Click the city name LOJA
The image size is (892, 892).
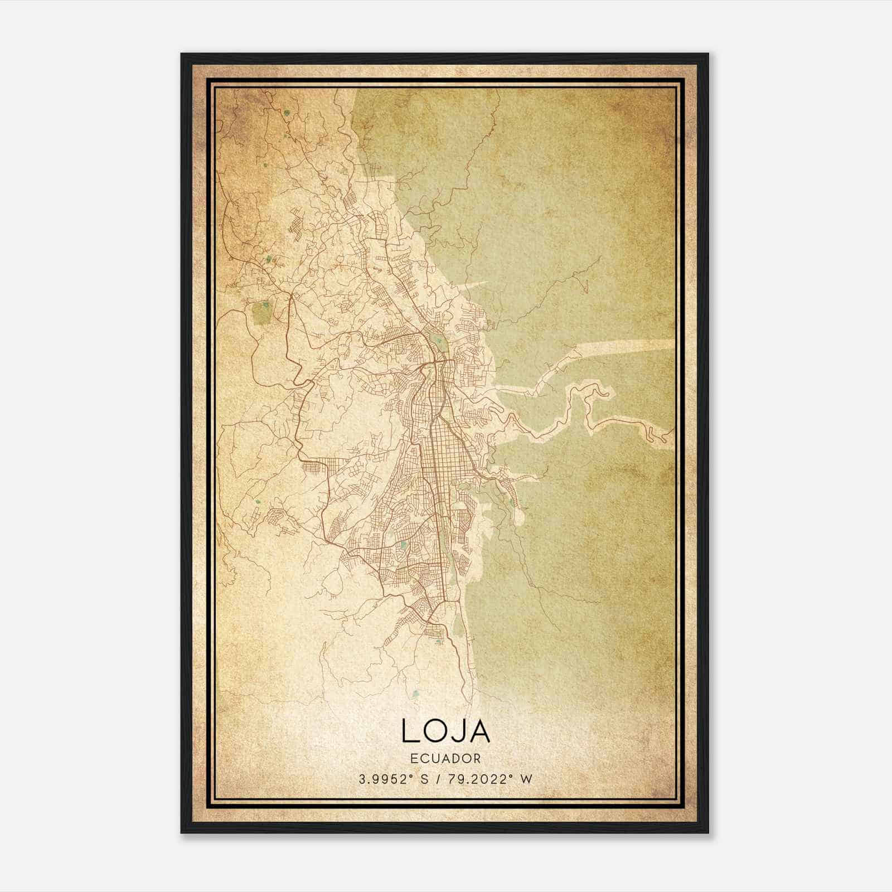point(445,731)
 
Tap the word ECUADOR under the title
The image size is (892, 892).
point(445,758)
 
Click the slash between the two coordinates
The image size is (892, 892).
point(444,779)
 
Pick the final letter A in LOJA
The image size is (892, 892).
point(479,731)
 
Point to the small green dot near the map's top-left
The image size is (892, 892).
point(287,113)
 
